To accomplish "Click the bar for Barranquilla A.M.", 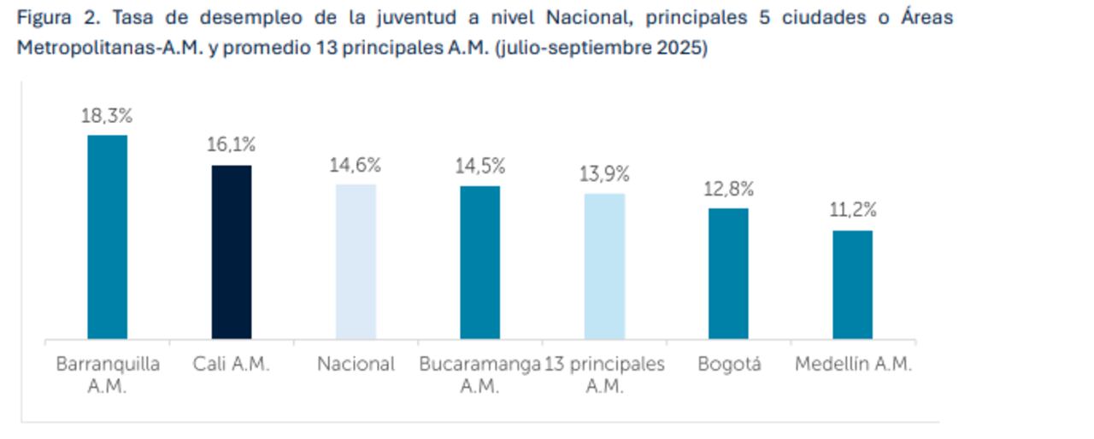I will [107, 237].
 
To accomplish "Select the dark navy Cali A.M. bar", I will [232, 252].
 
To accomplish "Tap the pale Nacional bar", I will [356, 261].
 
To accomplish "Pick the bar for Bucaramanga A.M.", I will [480, 262].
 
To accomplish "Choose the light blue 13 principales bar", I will [604, 266].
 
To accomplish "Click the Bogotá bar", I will [728, 273].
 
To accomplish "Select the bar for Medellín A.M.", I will [853, 284].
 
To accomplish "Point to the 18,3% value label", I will [107, 116].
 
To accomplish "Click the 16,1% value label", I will [232, 145].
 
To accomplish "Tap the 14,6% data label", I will [356, 165].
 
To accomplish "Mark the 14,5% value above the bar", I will [480, 166].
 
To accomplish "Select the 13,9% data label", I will [604, 174].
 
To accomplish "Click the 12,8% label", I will [728, 189].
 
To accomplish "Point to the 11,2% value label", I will [853, 210].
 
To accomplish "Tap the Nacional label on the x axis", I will [356, 364].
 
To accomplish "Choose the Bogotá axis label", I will [728, 364].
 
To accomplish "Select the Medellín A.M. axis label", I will [853, 364].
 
